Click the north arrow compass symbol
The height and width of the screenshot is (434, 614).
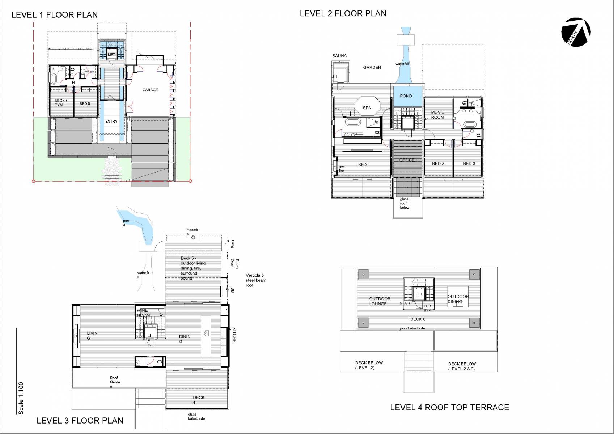pyautogui.click(x=576, y=32)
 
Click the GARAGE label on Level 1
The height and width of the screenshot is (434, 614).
pyautogui.click(x=150, y=90)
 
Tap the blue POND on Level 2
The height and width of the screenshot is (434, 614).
pyautogui.click(x=406, y=96)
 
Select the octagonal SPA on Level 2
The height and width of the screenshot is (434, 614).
pyautogui.click(x=367, y=108)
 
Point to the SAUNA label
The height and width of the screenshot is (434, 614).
pyautogui.click(x=339, y=56)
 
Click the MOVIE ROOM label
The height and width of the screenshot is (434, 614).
pyautogui.click(x=437, y=115)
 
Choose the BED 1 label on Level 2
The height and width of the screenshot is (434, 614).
pyautogui.click(x=364, y=165)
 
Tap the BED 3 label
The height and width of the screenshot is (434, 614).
pyautogui.click(x=469, y=163)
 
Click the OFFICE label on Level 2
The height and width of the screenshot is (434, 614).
pyautogui.click(x=407, y=160)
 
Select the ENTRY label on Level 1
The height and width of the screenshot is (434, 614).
pyautogui.click(x=111, y=122)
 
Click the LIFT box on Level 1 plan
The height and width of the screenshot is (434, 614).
pyautogui.click(x=111, y=54)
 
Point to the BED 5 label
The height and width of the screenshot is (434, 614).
pyautogui.click(x=85, y=103)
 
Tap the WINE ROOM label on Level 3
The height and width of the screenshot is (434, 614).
pyautogui.click(x=143, y=313)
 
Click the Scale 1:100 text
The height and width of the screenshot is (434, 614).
pyautogui.click(x=21, y=398)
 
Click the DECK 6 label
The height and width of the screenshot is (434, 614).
pyautogui.click(x=418, y=319)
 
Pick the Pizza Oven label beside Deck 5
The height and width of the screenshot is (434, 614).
pyautogui.click(x=235, y=264)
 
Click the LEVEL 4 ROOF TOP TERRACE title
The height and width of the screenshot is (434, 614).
pyautogui.click(x=449, y=407)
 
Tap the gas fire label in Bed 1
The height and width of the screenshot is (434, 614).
pyautogui.click(x=341, y=169)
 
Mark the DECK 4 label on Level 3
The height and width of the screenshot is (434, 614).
pyautogui.click(x=198, y=400)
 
